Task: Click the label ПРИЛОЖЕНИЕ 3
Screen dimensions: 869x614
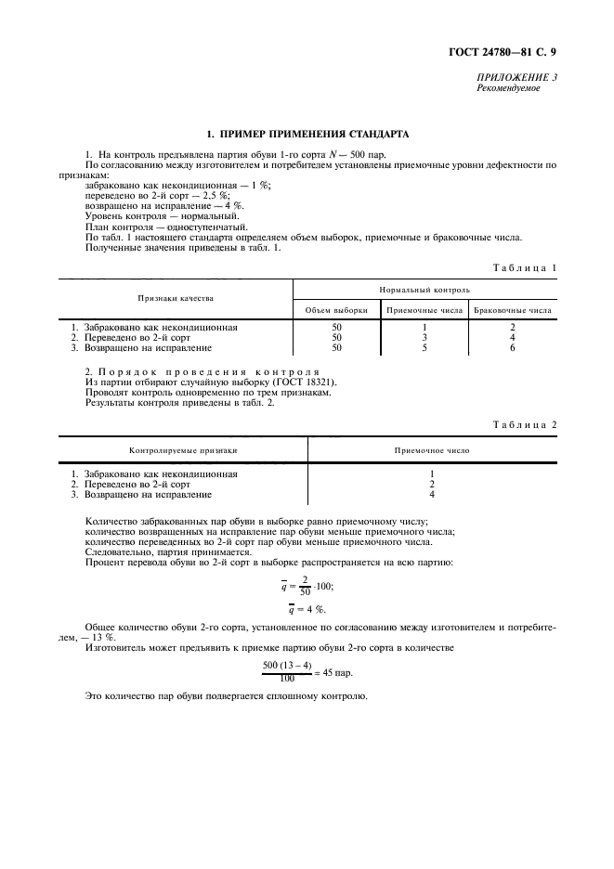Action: coord(517,78)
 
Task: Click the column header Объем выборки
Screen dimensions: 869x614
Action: coord(336,310)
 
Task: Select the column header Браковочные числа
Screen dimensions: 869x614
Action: coord(513,310)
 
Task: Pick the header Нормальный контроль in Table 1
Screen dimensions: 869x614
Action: coord(425,291)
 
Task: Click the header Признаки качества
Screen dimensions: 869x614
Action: coord(176,299)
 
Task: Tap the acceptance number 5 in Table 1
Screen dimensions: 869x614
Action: coord(424,348)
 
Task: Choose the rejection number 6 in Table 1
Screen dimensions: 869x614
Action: coord(513,348)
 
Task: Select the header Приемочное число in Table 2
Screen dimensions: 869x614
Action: coord(432,450)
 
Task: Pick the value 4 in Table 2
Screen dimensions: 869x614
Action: coord(432,495)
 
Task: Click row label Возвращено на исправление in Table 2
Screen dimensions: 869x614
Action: coord(149,495)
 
